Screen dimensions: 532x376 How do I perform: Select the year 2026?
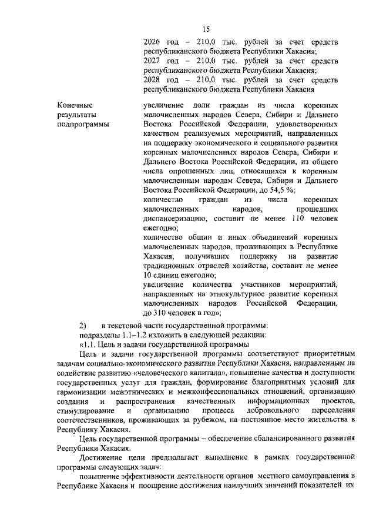(153, 42)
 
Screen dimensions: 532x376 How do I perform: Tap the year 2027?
(153, 61)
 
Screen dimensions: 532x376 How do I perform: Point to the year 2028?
(153, 80)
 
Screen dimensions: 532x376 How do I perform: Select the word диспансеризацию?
(174, 219)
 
